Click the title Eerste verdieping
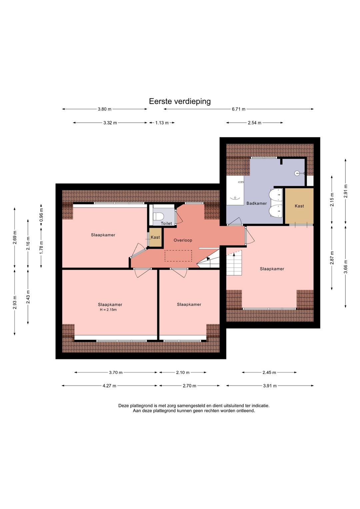click(x=180, y=101)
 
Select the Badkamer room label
click(x=256, y=203)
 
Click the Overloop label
click(x=183, y=240)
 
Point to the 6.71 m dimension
click(x=238, y=109)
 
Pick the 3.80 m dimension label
click(x=104, y=109)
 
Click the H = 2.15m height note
click(x=108, y=310)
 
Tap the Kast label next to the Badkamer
click(x=299, y=206)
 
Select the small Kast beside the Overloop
click(x=155, y=237)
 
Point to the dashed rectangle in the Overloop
click(x=178, y=256)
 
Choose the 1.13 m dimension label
click(x=162, y=123)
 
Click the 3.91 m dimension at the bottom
click(x=270, y=386)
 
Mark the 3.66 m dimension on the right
click(x=346, y=267)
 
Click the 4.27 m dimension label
click(x=109, y=386)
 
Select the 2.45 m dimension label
click(x=269, y=373)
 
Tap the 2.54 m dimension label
click(x=254, y=123)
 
